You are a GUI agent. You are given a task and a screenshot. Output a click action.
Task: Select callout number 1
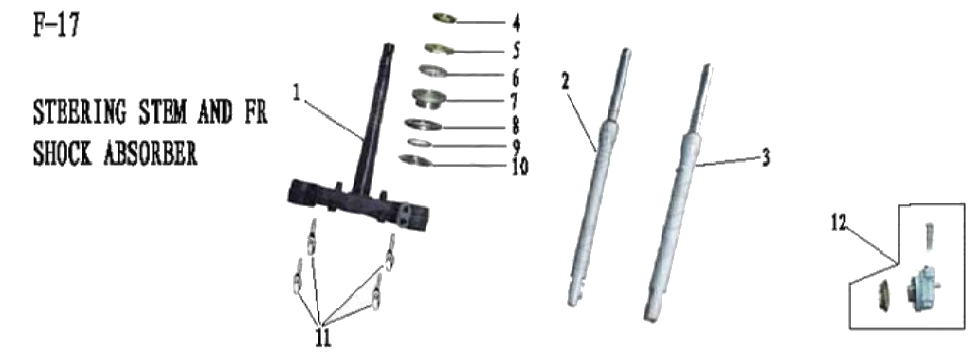coord(296,92)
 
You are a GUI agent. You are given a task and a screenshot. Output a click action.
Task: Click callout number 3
coord(765,158)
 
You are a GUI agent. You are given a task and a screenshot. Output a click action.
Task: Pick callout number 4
coord(516,21)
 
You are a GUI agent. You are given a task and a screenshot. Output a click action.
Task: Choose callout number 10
coord(518,166)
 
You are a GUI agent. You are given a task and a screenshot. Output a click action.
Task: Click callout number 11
coord(322,338)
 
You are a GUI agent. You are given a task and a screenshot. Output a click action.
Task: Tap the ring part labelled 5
coord(440,47)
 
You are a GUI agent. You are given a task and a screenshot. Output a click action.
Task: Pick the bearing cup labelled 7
coord(435,100)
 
